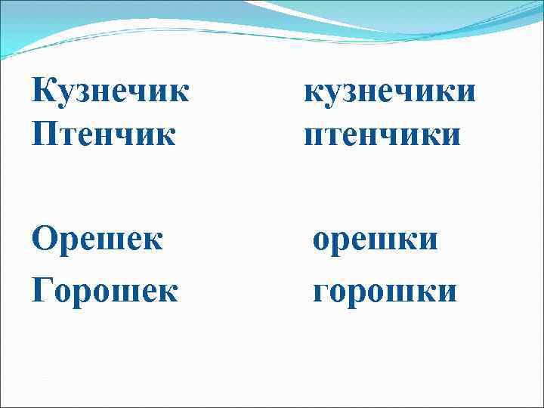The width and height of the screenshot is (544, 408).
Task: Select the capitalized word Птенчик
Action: point(104,136)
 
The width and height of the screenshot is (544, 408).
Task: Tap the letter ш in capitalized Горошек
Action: point(119,292)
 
